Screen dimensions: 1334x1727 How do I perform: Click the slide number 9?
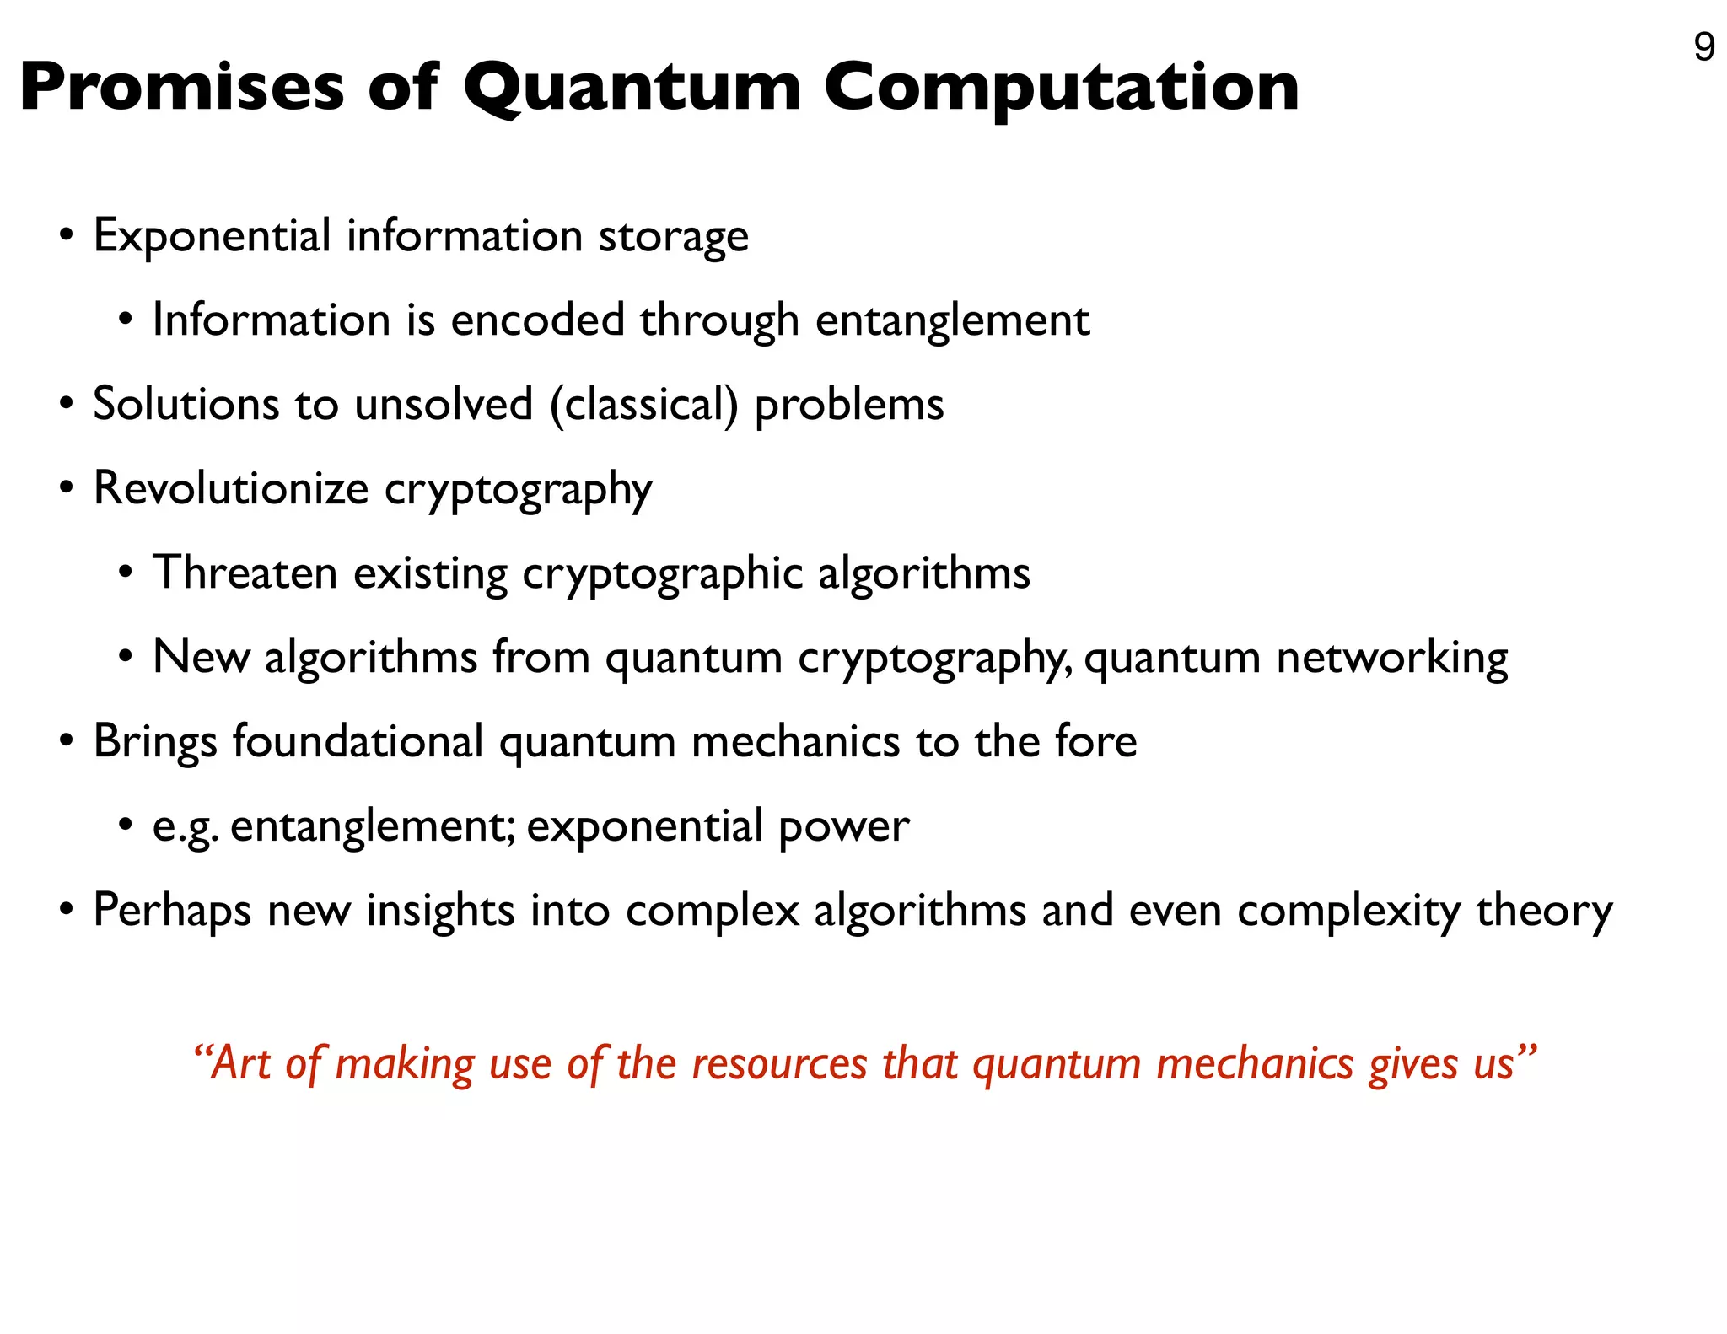pyautogui.click(x=1703, y=47)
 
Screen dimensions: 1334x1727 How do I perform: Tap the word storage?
pyautogui.click(x=673, y=236)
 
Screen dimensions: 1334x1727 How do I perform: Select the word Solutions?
pyautogui.click(x=185, y=404)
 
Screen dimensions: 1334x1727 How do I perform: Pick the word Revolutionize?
pyautogui.click(x=231, y=488)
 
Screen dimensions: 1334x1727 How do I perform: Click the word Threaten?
pyautogui.click(x=245, y=573)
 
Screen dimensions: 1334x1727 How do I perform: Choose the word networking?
pyautogui.click(x=1391, y=659)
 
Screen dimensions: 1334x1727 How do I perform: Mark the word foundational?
pyautogui.click(x=358, y=741)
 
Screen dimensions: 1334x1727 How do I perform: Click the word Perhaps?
pyautogui.click(x=172, y=912)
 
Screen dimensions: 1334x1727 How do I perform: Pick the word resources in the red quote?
pyautogui.click(x=779, y=1063)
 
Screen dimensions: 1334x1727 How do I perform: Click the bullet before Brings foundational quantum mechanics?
pyautogui.click(x=67, y=742)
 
